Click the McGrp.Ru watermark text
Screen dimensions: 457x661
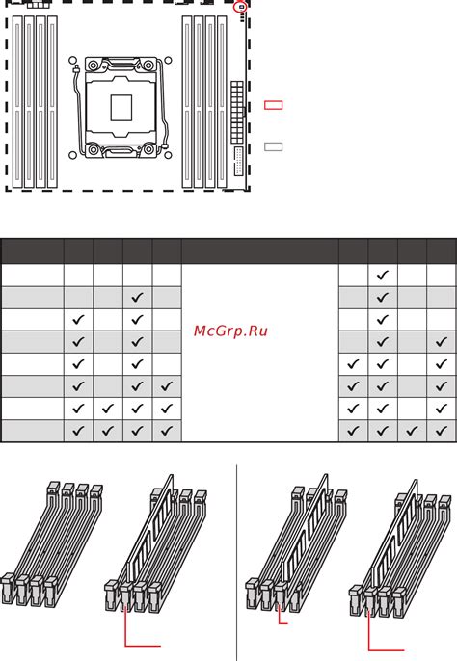point(230,330)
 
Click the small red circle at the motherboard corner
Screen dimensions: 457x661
point(241,7)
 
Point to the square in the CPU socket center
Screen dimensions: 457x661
point(121,108)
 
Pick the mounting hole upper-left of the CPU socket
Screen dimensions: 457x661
point(72,61)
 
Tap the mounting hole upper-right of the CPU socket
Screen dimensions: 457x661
point(168,61)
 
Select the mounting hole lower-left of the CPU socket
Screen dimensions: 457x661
point(72,155)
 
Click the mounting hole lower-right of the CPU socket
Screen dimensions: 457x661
point(168,155)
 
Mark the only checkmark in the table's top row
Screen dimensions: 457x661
point(383,276)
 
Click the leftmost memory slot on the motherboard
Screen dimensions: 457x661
point(17,101)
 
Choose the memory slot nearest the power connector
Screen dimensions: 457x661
point(222,101)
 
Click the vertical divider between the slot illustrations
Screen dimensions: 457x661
point(237,563)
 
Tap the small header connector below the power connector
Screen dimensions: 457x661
point(238,162)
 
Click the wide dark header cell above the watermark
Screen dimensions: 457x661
point(260,251)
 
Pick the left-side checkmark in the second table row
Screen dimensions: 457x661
point(137,298)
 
